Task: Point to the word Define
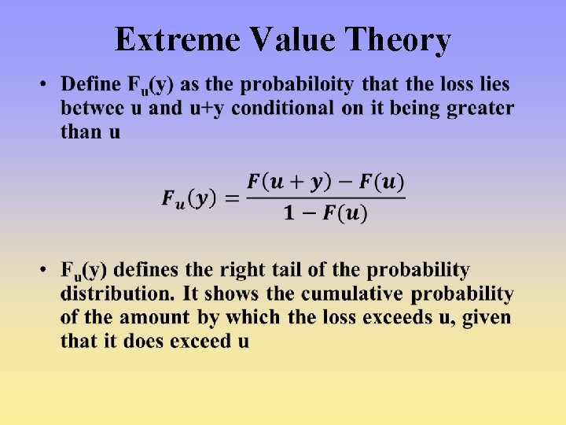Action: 90,84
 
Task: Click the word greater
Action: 480,108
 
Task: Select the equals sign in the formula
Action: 231,198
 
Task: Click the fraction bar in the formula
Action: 325,198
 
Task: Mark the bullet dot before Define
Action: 46,84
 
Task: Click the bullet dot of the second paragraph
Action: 46,271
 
